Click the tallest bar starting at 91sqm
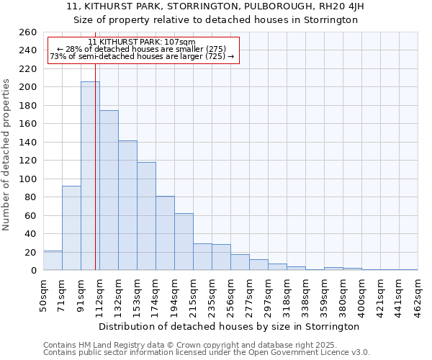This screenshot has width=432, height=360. (90, 176)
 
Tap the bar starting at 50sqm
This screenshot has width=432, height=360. (53, 261)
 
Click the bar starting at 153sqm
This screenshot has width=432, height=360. (146, 216)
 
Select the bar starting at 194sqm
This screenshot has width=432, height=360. (184, 242)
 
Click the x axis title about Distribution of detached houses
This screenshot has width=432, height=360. (229, 326)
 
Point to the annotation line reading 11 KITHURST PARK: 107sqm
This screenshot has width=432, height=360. (142, 42)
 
